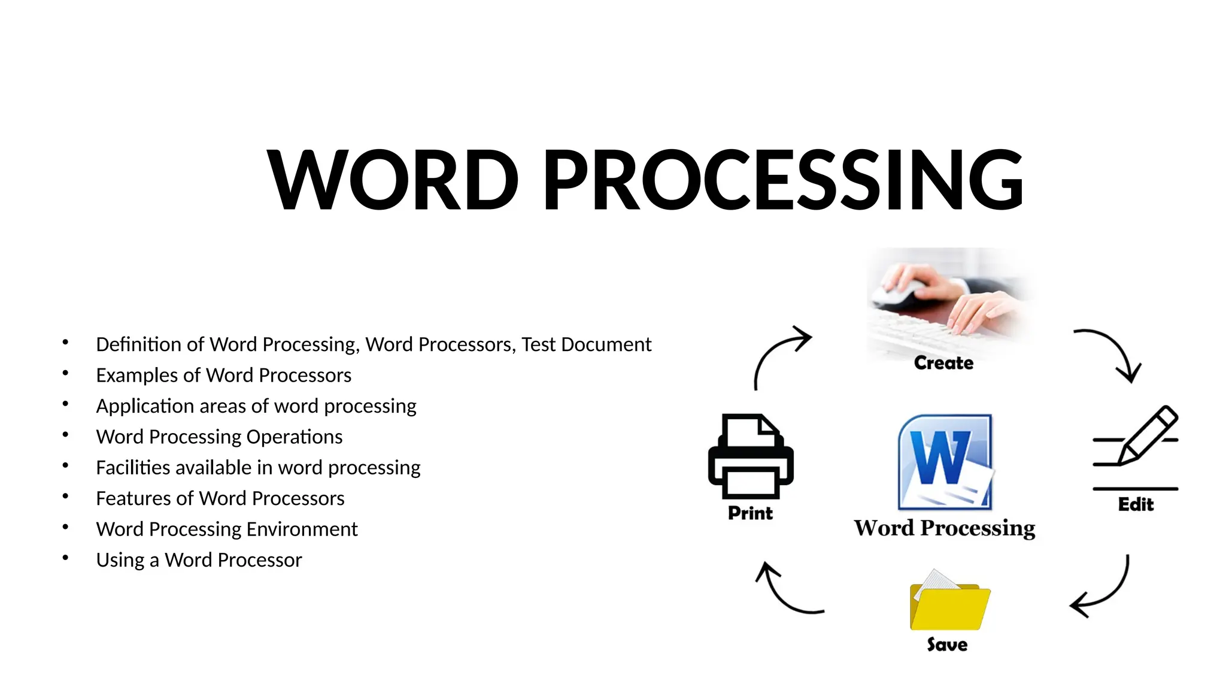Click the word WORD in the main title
pyautogui.click(x=393, y=180)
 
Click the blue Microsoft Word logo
pyautogui.click(x=945, y=462)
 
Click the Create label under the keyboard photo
pyautogui.click(x=943, y=363)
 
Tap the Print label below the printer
pyautogui.click(x=750, y=513)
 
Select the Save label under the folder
pyautogui.click(x=947, y=644)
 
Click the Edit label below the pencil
pyautogui.click(x=1136, y=504)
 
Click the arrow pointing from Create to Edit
pyautogui.click(x=1112, y=351)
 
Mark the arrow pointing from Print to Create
pyautogui.click(x=778, y=353)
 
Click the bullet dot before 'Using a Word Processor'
pyautogui.click(x=65, y=558)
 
